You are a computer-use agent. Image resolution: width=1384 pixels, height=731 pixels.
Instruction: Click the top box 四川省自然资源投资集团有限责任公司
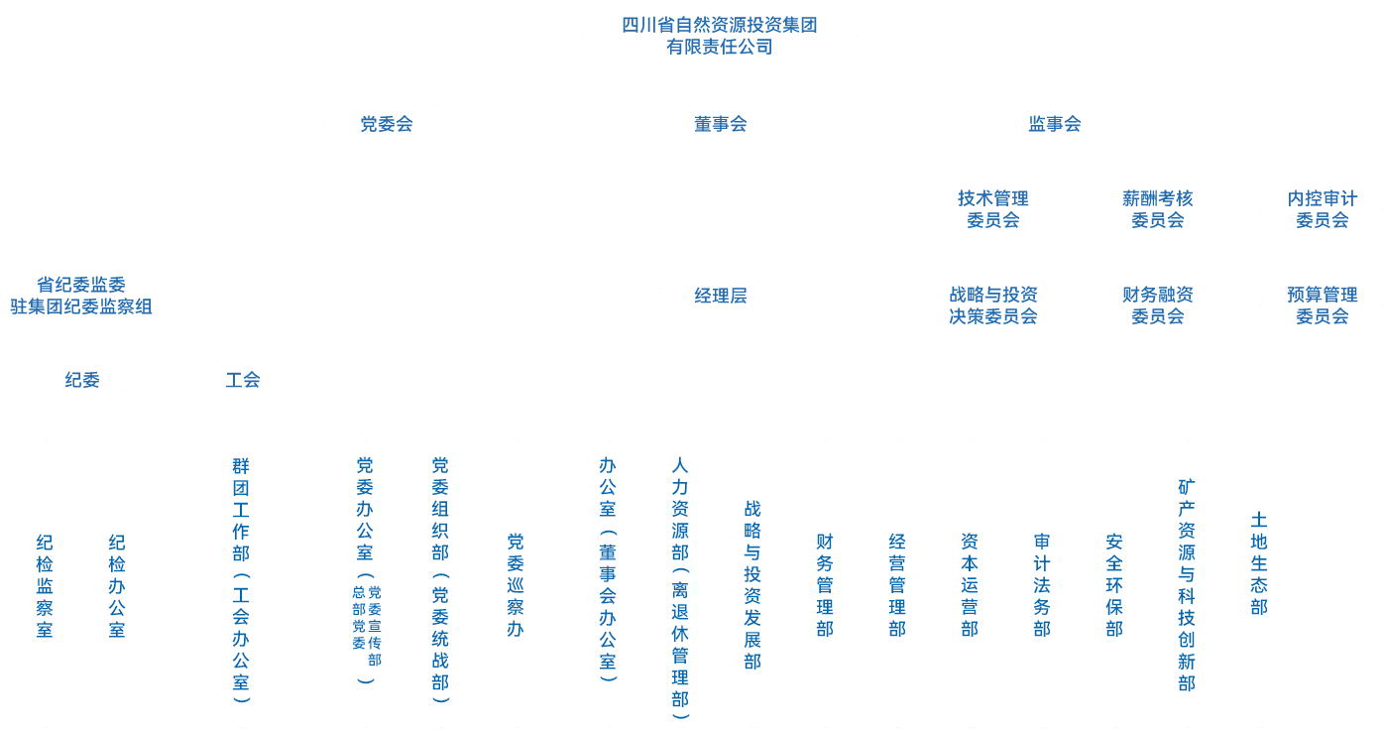719,35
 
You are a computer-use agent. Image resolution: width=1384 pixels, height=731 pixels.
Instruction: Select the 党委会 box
386,124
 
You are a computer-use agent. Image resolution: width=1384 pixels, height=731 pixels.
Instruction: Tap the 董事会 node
720,124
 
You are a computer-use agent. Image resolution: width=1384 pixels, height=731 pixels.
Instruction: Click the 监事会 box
1054,124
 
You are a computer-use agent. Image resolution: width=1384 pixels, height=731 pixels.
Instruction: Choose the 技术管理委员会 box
992,209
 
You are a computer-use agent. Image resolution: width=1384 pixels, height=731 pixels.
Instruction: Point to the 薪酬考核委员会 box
1157,209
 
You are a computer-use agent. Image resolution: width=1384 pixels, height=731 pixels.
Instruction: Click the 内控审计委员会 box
1322,209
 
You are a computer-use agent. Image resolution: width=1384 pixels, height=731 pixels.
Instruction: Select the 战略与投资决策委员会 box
992,305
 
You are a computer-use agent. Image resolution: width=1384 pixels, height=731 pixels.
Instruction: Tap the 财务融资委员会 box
1157,305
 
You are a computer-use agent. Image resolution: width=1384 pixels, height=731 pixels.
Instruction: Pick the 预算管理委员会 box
1322,305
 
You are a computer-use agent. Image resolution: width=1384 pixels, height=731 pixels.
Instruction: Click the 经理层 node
720,295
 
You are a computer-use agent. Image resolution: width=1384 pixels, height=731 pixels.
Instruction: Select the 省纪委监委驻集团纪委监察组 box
81,295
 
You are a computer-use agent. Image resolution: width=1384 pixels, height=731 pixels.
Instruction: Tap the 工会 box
242,379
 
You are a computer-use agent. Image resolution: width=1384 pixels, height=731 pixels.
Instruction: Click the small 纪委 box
81,379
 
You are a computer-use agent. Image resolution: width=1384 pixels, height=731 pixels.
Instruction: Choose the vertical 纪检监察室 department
46,585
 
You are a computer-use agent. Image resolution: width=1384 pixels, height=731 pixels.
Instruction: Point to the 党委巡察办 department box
517,585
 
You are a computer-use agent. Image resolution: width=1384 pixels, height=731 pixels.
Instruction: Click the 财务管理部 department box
826,585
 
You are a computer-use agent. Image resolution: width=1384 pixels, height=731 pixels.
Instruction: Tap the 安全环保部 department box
1115,585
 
